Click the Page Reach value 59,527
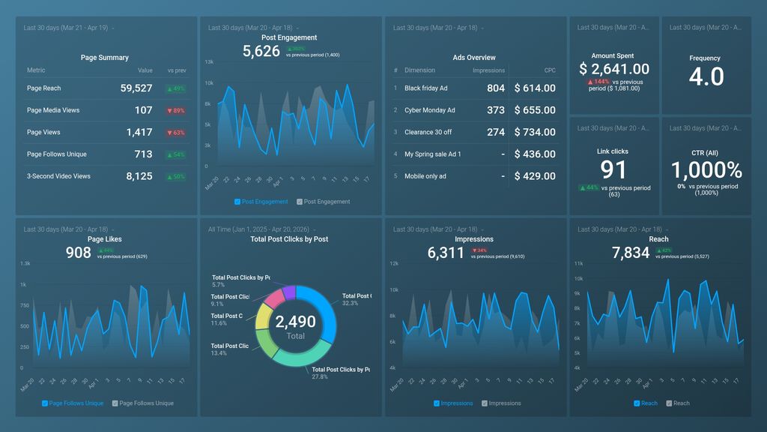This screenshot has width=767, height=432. (136, 88)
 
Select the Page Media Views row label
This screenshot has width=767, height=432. (53, 110)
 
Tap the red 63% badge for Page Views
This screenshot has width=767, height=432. (177, 133)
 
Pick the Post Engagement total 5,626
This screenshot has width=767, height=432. (261, 51)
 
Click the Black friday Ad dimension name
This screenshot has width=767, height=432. (425, 88)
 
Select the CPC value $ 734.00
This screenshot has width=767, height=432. (535, 132)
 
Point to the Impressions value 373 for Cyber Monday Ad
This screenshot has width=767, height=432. (495, 110)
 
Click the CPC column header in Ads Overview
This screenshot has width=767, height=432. (550, 70)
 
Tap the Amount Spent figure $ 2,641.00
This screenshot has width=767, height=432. (614, 69)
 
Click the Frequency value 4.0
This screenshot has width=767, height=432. (706, 76)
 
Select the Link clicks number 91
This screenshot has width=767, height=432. (613, 169)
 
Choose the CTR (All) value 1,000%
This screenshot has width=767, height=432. (706, 169)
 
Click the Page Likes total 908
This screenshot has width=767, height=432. (79, 253)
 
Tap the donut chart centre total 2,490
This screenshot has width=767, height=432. (295, 322)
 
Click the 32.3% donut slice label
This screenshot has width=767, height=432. (351, 303)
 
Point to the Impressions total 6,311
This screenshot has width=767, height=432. (446, 253)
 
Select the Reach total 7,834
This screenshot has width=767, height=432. (631, 253)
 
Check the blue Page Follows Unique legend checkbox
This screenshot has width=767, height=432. (45, 403)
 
